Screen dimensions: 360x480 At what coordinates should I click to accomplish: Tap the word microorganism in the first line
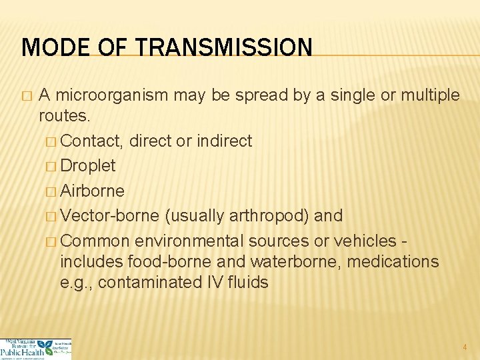click(x=111, y=95)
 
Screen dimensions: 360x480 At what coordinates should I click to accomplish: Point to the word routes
click(x=65, y=116)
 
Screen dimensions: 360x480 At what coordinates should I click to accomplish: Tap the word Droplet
click(x=88, y=165)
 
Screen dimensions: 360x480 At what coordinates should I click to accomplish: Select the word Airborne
click(x=92, y=191)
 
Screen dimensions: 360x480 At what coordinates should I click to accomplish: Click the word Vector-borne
click(x=109, y=216)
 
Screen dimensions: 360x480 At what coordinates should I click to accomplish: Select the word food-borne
click(x=173, y=261)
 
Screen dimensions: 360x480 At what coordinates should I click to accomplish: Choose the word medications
click(x=397, y=261)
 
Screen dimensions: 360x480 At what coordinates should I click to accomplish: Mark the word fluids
click(x=247, y=283)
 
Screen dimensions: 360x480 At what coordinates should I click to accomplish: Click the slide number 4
click(x=465, y=347)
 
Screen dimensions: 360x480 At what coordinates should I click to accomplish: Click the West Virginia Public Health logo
click(x=36, y=349)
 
